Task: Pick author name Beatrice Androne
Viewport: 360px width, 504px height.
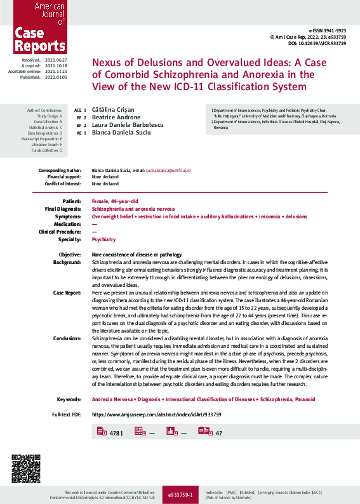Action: coord(116,117)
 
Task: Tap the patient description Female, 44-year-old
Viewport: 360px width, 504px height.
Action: coord(116,201)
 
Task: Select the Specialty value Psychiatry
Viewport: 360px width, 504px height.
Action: coord(104,239)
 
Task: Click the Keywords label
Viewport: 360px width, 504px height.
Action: coord(69,399)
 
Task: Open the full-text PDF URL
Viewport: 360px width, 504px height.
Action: coord(156,414)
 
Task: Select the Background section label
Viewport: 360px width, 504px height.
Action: coord(67,262)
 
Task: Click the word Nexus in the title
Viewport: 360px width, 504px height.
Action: coord(109,63)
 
